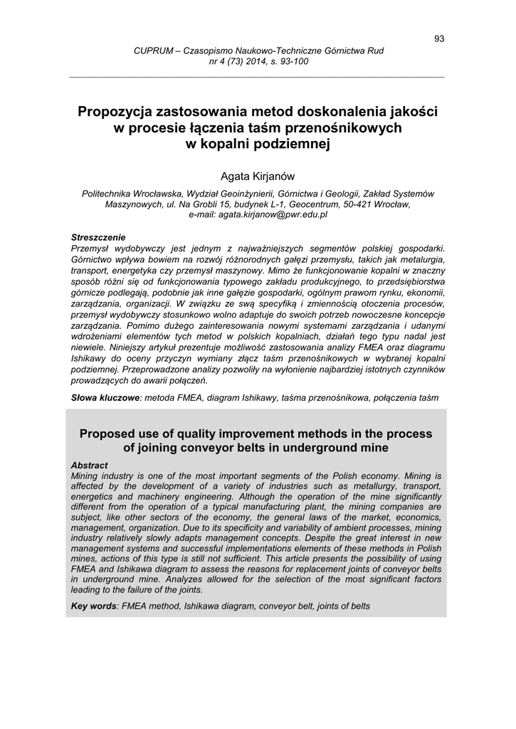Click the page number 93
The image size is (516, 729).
coord(439,38)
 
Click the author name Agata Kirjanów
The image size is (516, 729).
coord(258,176)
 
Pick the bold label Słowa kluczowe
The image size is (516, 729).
coord(105,398)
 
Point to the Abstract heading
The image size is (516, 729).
coord(90,465)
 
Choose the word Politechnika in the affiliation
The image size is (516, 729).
coord(107,193)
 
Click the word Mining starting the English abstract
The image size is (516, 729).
coord(86,475)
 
